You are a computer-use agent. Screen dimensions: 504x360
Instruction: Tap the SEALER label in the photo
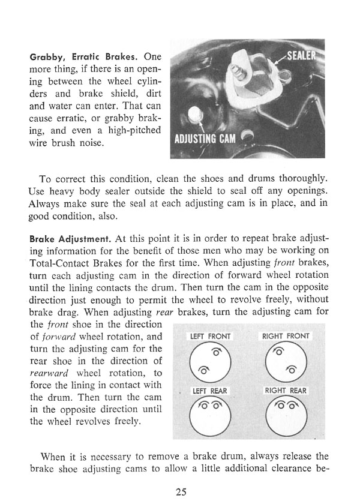(x=301, y=60)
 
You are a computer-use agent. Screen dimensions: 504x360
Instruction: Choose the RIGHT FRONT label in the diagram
(x=286, y=337)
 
